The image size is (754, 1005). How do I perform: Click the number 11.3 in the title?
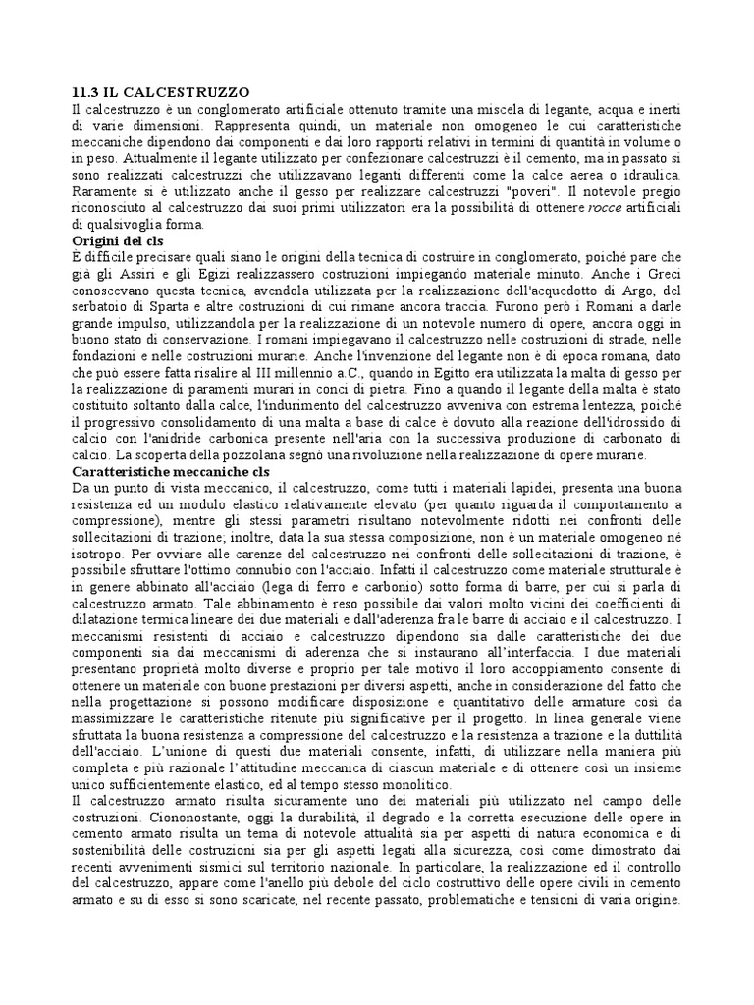pyautogui.click(x=86, y=90)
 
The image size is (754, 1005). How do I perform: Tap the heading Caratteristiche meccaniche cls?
pyautogui.click(x=171, y=471)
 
